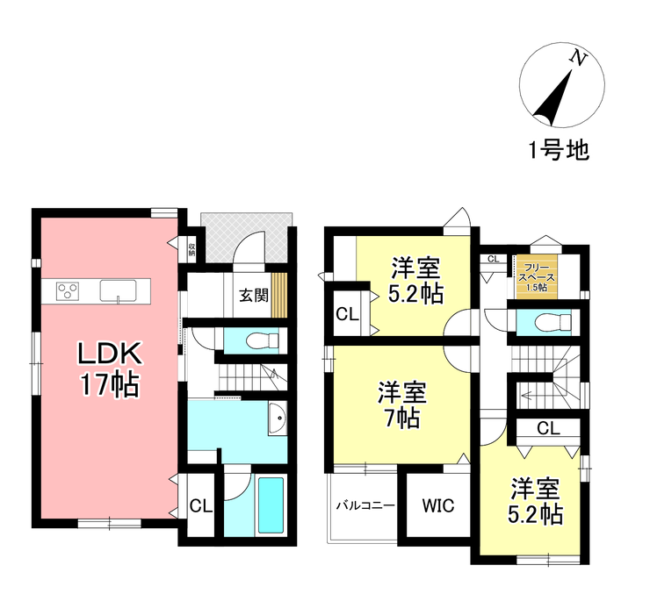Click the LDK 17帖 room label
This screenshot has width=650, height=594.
pyautogui.click(x=109, y=369)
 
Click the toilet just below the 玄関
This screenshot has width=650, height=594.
pyautogui.click(x=257, y=340)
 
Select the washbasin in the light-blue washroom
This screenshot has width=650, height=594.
pyautogui.click(x=275, y=419)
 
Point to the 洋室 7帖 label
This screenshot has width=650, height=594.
pyautogui.click(x=402, y=404)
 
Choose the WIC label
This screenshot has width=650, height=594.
pyautogui.click(x=437, y=506)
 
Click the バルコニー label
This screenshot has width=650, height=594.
pyautogui.click(x=365, y=506)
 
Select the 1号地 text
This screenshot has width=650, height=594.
pyautogui.click(x=559, y=150)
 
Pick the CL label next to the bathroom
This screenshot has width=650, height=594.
pyautogui.click(x=201, y=505)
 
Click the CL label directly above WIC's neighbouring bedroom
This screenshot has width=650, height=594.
pyautogui.click(x=548, y=429)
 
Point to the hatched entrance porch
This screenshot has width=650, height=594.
pyautogui.click(x=246, y=235)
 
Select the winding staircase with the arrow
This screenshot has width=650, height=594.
pyautogui.click(x=545, y=377)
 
